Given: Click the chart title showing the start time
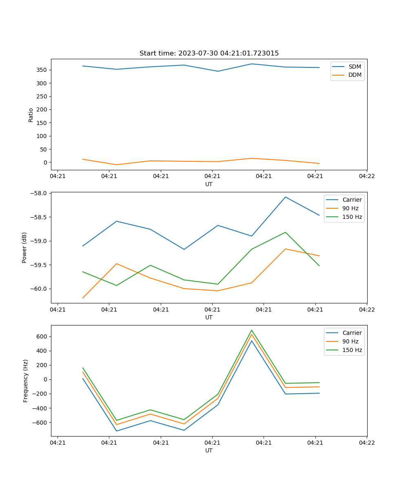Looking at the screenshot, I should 209,53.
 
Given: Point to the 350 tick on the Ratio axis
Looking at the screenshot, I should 42,70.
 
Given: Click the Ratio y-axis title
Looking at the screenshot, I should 31,115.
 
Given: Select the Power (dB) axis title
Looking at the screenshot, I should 24,247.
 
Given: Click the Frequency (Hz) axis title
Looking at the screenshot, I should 26,381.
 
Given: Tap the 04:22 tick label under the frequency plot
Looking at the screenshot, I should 366,442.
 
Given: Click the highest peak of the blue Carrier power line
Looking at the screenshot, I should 285,197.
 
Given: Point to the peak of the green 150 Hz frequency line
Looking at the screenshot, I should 252,330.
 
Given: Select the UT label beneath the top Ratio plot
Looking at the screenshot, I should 209,184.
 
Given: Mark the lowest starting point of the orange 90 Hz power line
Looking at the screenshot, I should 83,298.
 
